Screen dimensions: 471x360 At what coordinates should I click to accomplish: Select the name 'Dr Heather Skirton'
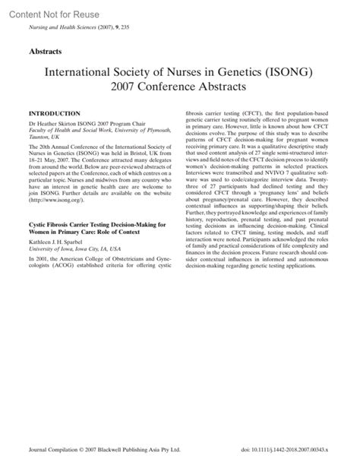coord(56,122)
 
